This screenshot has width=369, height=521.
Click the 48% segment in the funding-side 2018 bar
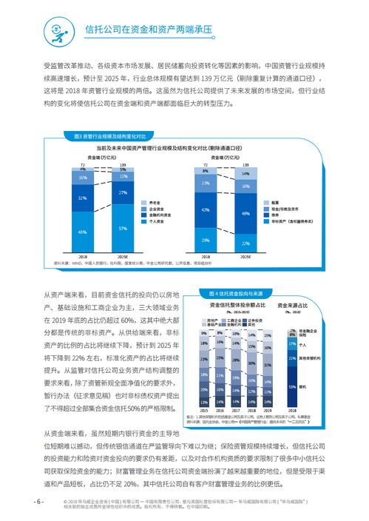(x=83, y=233)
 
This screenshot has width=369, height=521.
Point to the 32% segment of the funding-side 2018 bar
(x=83, y=199)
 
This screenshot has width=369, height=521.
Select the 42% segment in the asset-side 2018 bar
(x=206, y=210)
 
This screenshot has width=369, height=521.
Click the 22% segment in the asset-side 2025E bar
(x=246, y=242)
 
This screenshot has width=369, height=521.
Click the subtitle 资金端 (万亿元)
(x=102, y=157)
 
